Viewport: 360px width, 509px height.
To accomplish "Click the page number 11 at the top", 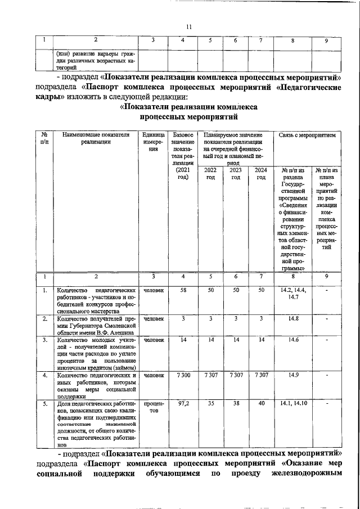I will pyautogui.click(x=189, y=26).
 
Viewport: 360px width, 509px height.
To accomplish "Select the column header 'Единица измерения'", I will pyautogui.click(x=153, y=143).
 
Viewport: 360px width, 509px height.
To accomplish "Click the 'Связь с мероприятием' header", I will pyautogui.click(x=307, y=136).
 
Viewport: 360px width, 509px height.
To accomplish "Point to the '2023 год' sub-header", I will pyautogui.click(x=236, y=174).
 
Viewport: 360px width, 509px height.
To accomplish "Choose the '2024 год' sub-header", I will pyautogui.click(x=260, y=174).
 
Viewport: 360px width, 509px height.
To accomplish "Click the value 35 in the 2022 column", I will pyautogui.click(x=210, y=404).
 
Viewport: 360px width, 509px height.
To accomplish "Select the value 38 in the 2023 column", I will pyautogui.click(x=236, y=404).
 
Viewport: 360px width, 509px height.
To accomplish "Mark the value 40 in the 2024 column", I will pyautogui.click(x=260, y=404).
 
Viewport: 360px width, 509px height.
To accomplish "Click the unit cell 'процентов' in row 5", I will pyautogui.click(x=153, y=407).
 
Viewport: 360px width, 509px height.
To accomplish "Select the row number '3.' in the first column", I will pyautogui.click(x=44, y=340).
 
